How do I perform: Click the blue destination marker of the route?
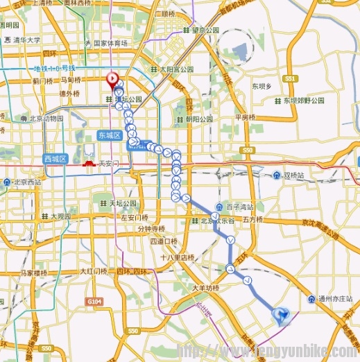(x=282, y=316)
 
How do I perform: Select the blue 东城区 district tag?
(x=110, y=135)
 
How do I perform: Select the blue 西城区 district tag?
(x=54, y=159)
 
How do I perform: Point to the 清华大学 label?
(x=27, y=40)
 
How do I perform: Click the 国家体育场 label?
(x=110, y=43)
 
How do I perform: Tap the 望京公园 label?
(x=205, y=31)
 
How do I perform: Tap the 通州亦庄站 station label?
(x=333, y=300)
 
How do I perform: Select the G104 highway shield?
(x=94, y=302)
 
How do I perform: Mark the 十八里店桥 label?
(x=171, y=257)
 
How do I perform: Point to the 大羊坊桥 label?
(x=205, y=288)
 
